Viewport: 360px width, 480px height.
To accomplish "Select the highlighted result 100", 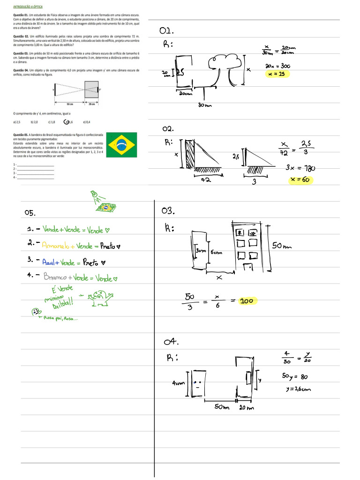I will [247, 301].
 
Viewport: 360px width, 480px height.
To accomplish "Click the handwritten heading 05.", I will [31, 213].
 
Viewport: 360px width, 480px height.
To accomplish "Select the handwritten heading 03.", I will [168, 211].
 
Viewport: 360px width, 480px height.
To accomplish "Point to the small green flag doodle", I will [109, 207].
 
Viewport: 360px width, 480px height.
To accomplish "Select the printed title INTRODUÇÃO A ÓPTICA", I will [28, 8].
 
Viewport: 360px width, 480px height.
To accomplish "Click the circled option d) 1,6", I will [68, 122].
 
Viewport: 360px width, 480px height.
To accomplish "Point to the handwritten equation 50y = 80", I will [294, 376].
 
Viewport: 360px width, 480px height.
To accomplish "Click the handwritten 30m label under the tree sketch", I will [205, 105].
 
